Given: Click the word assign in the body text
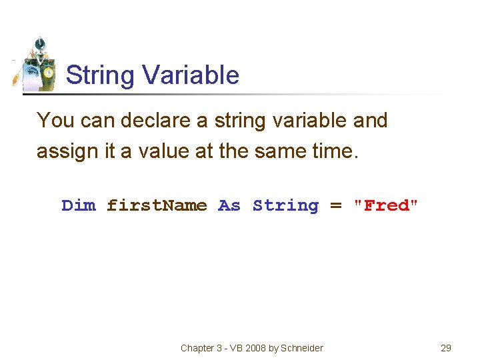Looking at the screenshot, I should coord(63,151).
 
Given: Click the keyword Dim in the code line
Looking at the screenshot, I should coord(79,205).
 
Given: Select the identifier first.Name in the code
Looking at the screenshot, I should coord(157,205).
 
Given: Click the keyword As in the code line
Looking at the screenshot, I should coord(229,205).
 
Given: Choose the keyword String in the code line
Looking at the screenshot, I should coord(285,205).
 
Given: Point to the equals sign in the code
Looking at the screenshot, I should coord(336,205).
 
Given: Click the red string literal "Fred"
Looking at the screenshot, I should coord(386,205).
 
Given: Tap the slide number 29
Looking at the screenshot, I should coord(446,348).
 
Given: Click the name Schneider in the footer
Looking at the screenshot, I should coord(303,348).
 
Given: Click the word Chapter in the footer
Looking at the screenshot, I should coord(198,348).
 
